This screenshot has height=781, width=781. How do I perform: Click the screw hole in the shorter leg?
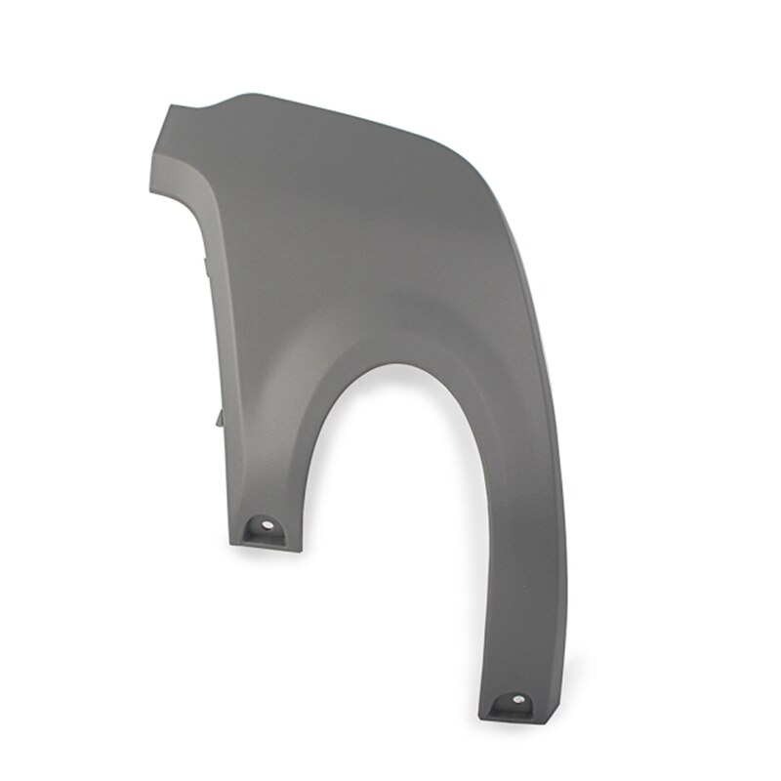point(267,529)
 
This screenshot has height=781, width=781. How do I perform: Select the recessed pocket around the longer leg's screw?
point(516,705)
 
